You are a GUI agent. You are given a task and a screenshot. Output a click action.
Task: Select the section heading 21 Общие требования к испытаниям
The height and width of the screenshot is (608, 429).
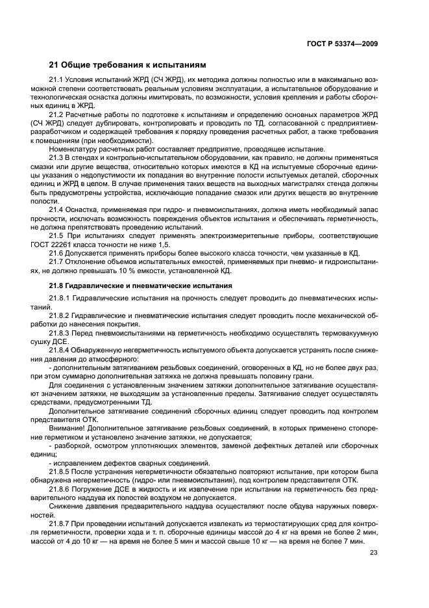tap(128, 65)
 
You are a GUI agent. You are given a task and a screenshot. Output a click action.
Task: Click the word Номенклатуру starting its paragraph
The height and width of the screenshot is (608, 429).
tap(76, 149)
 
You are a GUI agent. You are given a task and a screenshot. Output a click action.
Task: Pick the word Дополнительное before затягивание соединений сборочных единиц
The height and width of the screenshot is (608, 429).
tap(79, 410)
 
